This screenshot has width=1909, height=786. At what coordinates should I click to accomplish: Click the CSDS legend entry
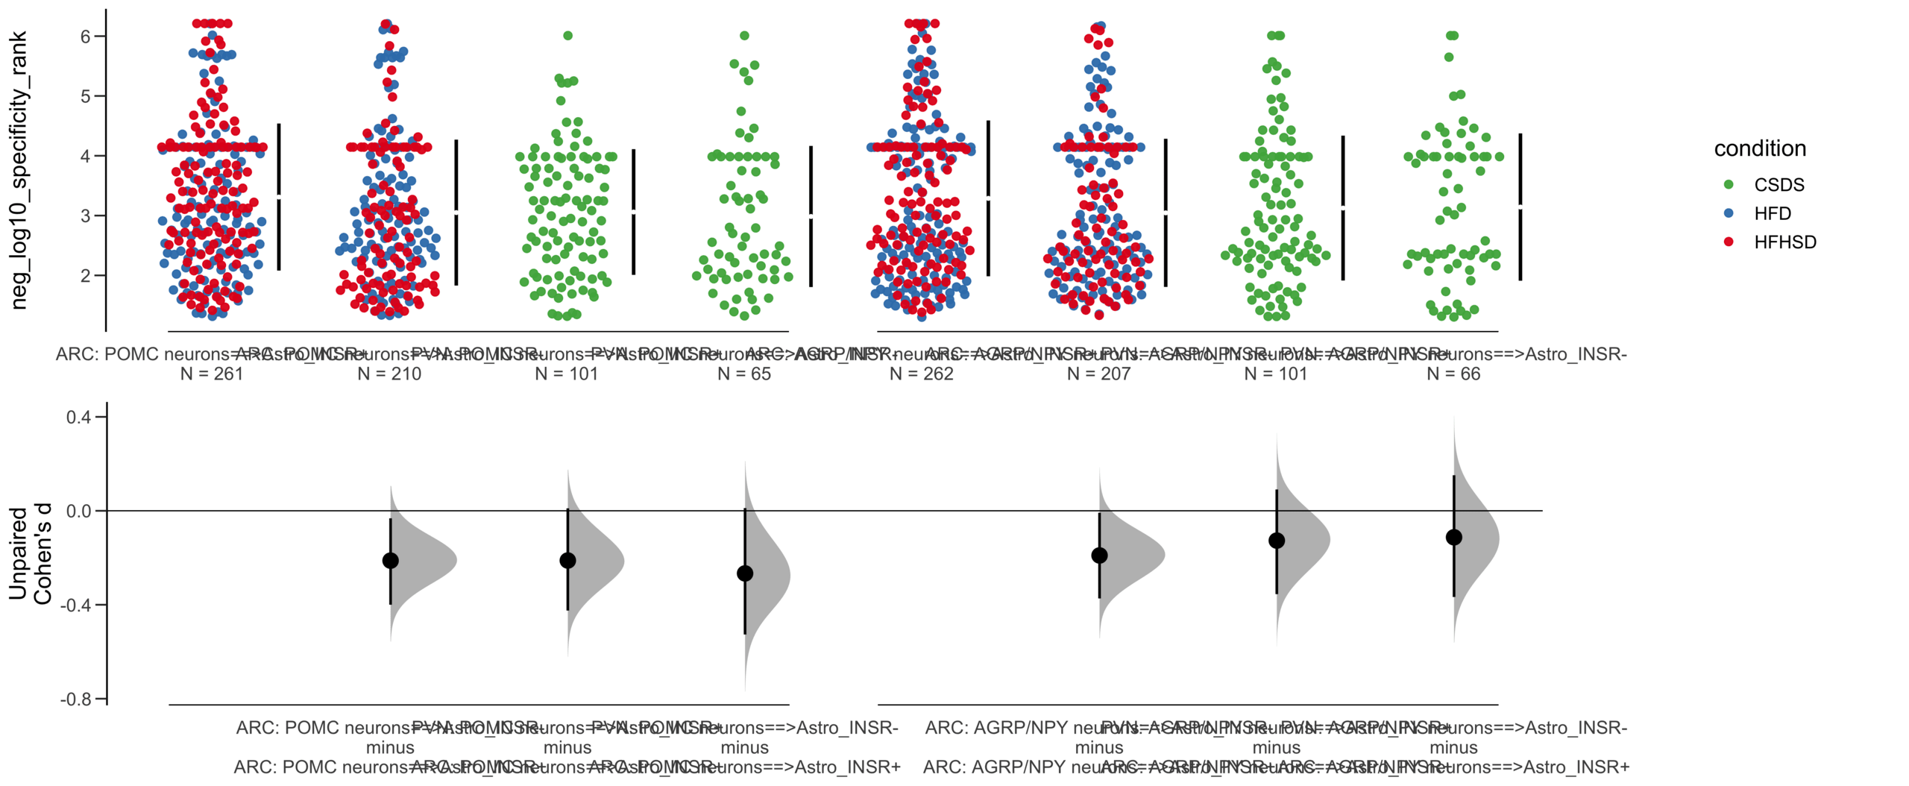click(x=1778, y=185)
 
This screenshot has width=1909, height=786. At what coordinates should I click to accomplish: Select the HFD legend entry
click(x=1772, y=214)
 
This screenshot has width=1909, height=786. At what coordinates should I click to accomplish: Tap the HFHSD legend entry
click(x=1784, y=242)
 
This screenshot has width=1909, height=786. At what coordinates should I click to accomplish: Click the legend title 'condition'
click(x=1759, y=148)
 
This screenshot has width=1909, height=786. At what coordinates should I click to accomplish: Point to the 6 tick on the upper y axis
click(x=86, y=37)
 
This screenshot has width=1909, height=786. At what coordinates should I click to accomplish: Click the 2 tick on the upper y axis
click(x=86, y=275)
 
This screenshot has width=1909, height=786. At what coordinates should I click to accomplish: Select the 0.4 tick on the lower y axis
click(x=78, y=417)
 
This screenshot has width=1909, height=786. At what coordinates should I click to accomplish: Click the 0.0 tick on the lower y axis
click(x=78, y=511)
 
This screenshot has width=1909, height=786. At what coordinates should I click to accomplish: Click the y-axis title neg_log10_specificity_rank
click(x=19, y=170)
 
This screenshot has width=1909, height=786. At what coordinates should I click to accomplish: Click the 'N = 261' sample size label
click(x=212, y=374)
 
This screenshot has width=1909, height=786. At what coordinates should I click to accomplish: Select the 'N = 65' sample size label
click(x=743, y=374)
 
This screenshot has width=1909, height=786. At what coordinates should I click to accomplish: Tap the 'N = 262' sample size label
click(x=921, y=374)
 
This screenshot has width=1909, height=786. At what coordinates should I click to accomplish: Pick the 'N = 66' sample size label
click(x=1453, y=374)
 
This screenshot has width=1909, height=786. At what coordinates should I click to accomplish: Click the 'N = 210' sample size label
click(x=389, y=374)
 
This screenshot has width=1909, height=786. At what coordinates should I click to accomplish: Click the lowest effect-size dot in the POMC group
click(x=744, y=573)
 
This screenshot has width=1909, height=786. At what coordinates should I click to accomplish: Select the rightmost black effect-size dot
click(x=1453, y=537)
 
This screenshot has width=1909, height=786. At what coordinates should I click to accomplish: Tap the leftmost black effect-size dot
click(x=390, y=560)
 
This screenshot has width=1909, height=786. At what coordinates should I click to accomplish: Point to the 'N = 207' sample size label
click(x=1098, y=374)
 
